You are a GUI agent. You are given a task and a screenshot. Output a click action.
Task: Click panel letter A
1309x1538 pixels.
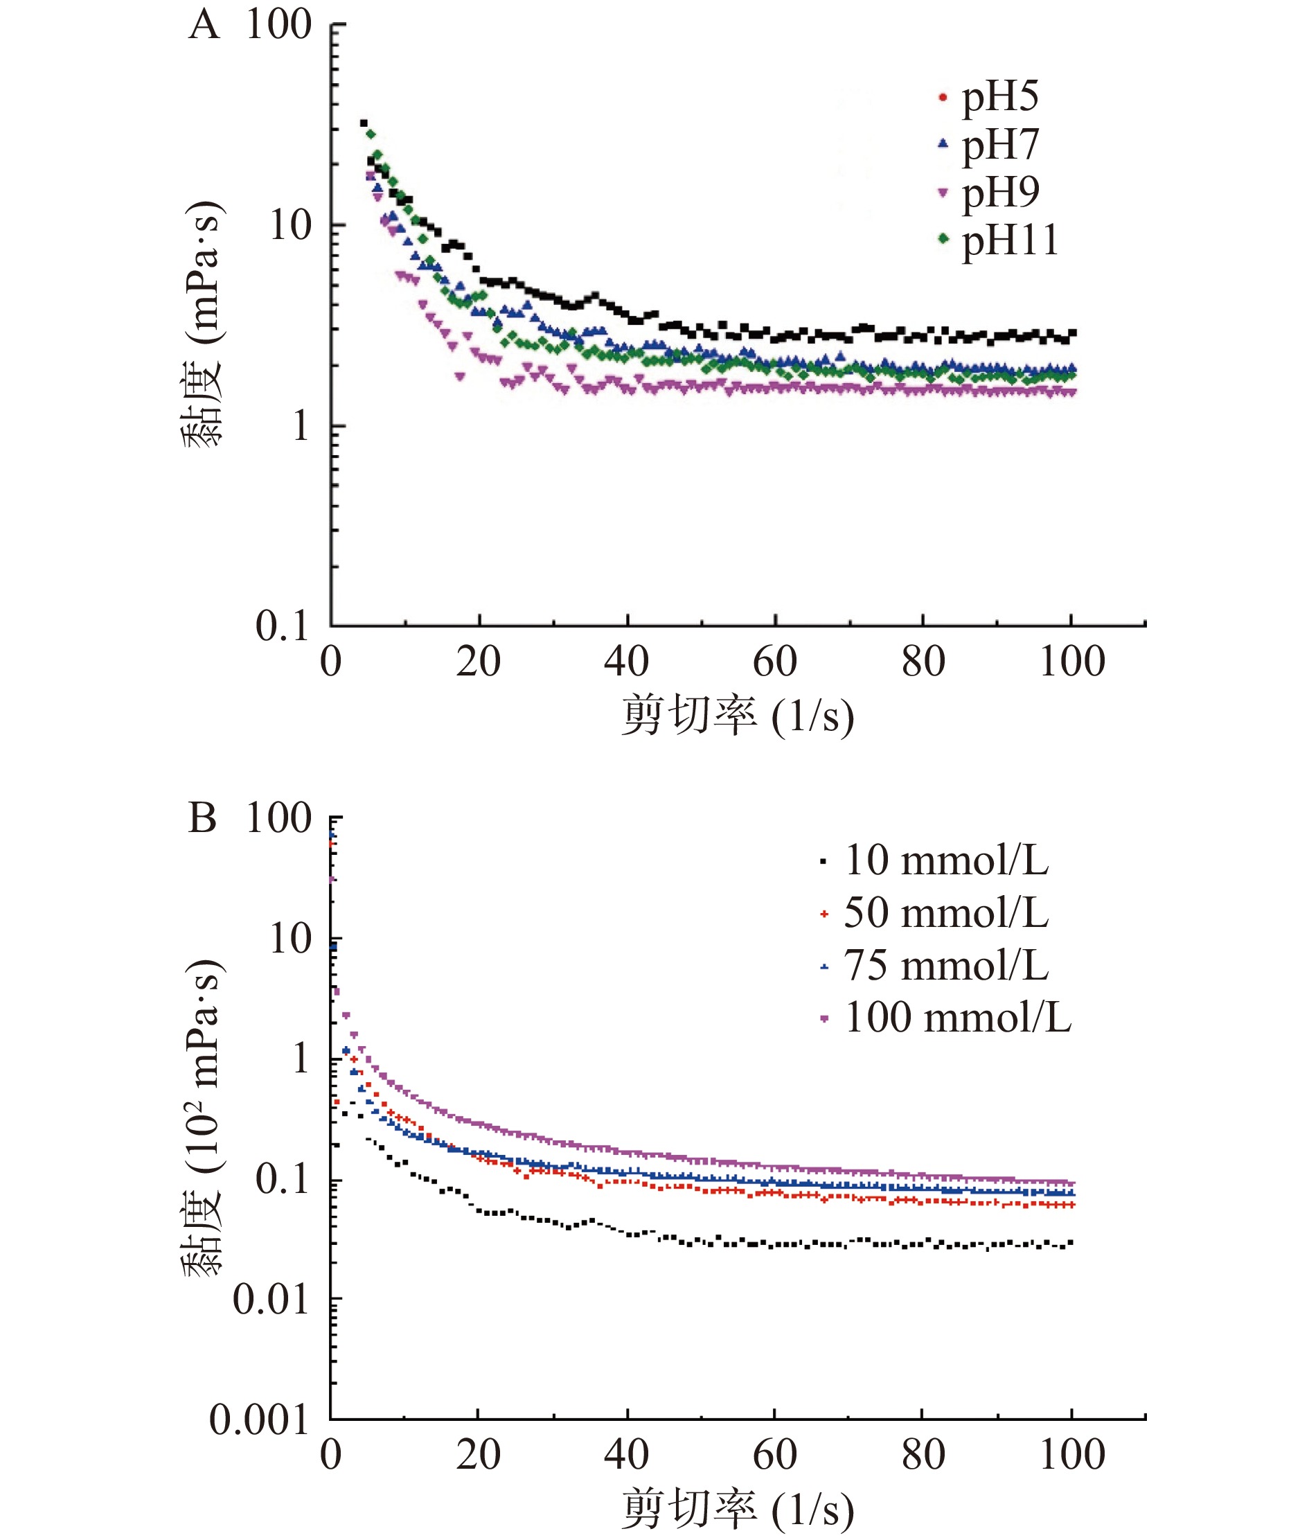point(204,26)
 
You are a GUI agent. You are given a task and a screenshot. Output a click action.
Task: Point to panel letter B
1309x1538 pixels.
point(202,819)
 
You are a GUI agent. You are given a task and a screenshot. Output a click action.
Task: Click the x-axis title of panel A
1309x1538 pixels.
point(737,716)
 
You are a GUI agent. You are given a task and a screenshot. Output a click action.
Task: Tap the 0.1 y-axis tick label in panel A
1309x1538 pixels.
point(282,626)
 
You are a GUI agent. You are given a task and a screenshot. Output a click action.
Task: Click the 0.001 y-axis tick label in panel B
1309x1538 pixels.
point(258,1420)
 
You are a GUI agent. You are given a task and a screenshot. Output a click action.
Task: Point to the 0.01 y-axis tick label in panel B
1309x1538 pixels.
point(270,1299)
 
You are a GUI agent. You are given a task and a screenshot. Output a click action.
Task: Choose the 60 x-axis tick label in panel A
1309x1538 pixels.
point(775,662)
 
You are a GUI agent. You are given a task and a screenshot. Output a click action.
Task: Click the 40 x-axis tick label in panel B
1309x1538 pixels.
point(626,1454)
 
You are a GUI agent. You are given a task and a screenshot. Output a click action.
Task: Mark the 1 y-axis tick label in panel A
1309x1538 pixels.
point(300,426)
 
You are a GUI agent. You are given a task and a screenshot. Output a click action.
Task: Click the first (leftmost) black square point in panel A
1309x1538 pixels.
point(364,123)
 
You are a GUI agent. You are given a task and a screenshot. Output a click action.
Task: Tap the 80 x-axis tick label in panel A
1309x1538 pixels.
point(923,662)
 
